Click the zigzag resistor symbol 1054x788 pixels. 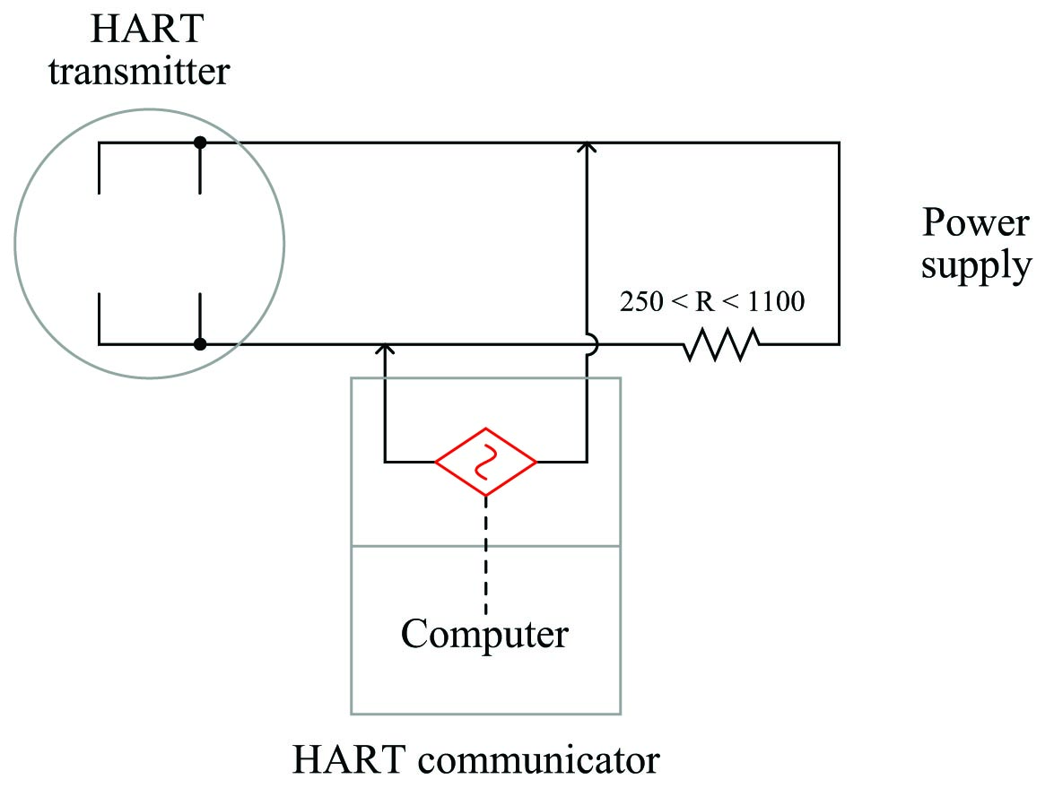coord(721,344)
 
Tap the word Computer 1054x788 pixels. coord(484,634)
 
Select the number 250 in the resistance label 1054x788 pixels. coord(641,301)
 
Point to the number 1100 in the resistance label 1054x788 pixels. coord(776,301)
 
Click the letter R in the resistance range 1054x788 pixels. coord(704,301)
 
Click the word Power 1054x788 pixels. coord(975,221)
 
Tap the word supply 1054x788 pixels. coord(976,266)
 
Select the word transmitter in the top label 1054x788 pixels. coord(139,72)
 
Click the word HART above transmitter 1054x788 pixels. coord(147,29)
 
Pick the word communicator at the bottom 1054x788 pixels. coord(538,760)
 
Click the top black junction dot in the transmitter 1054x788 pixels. coord(200,143)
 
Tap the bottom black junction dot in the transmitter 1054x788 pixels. coord(200,344)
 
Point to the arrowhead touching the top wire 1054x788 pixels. coord(587,148)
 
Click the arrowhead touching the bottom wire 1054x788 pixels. coord(385,350)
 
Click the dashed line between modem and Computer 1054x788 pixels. coord(485,555)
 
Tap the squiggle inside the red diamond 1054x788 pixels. coord(485,462)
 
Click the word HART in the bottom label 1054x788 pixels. coord(349,760)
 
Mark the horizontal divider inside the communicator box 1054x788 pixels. coord(485,545)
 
